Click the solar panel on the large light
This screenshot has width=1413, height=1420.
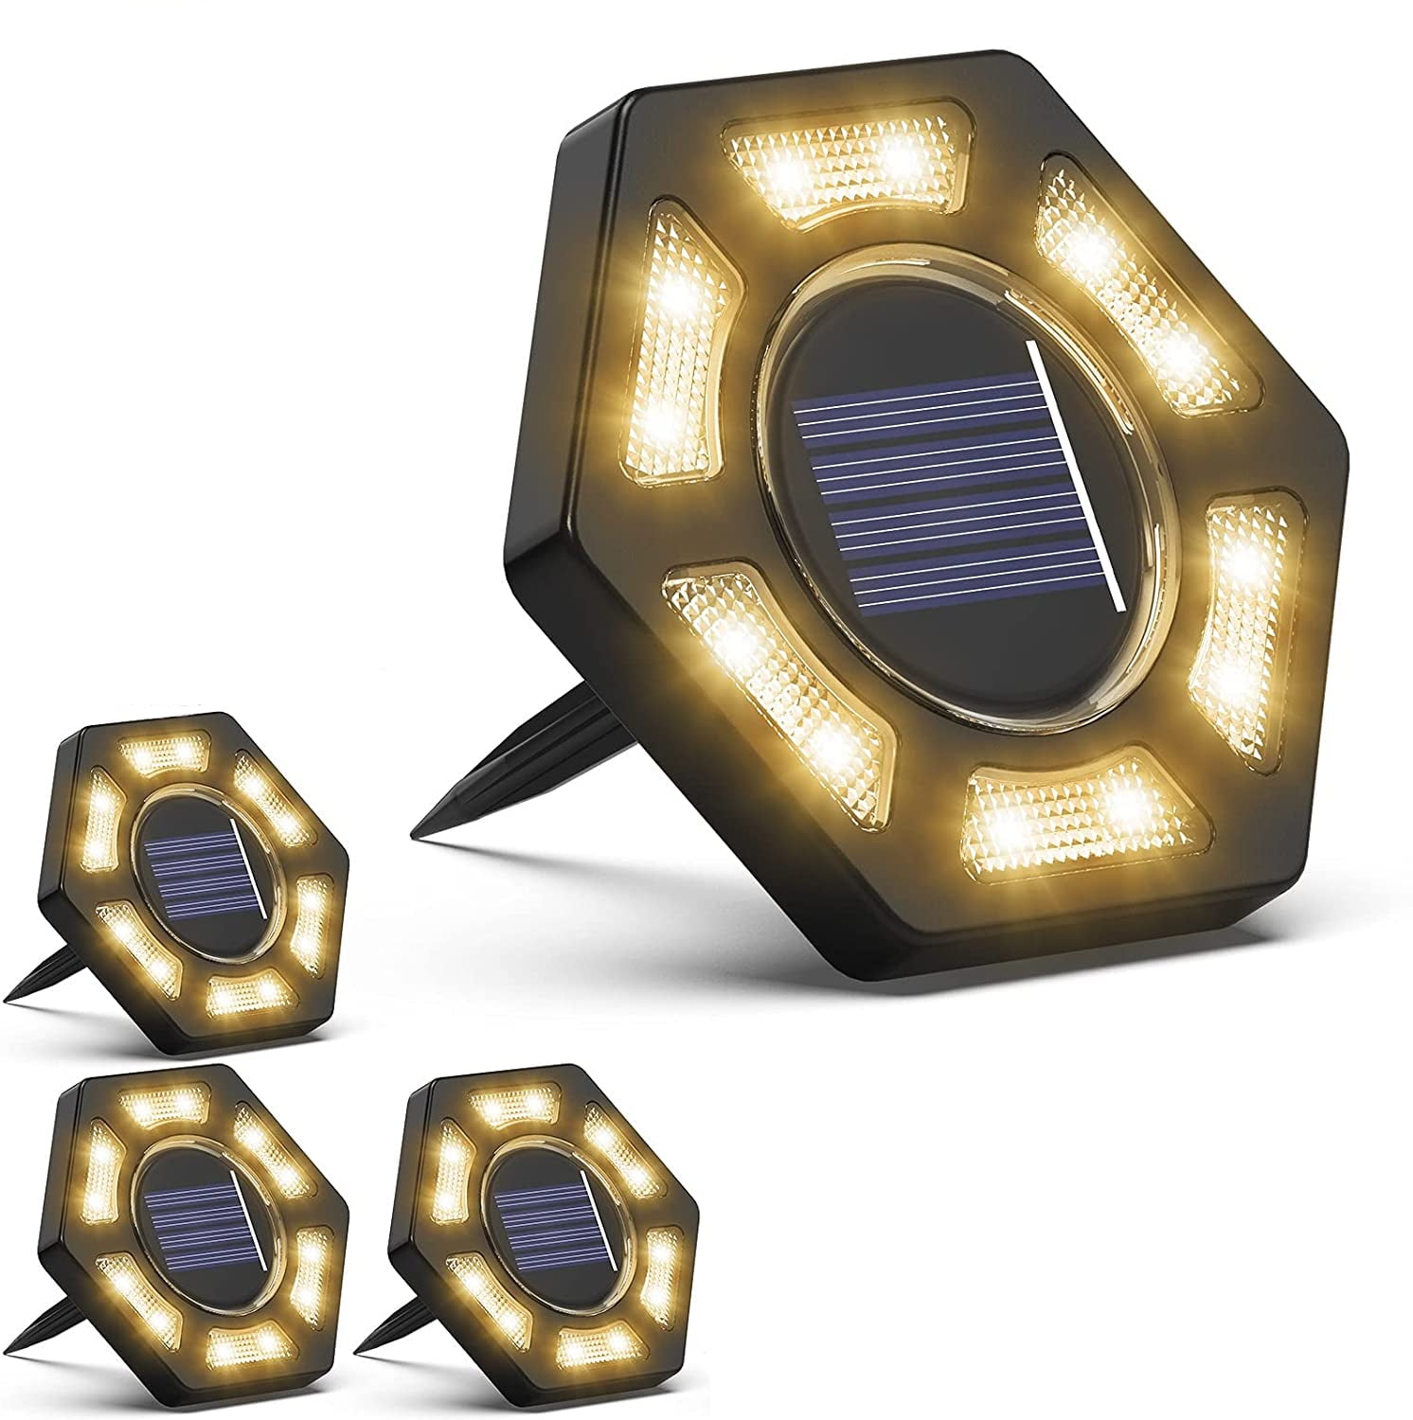[947, 492]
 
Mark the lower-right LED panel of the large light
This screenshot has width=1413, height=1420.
[1241, 606]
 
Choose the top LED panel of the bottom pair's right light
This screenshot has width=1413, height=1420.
[507, 1103]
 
